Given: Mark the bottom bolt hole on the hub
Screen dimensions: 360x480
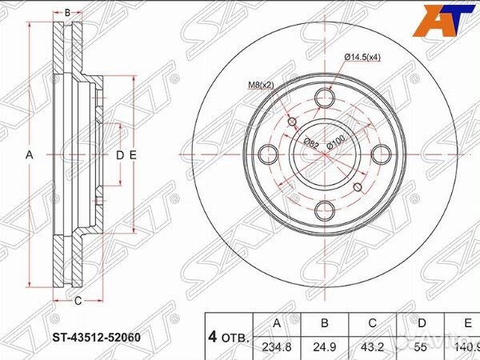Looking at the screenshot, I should (324, 211).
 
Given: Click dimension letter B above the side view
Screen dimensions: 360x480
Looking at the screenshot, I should (68, 13).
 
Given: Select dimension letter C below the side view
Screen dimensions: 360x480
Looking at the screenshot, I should (78, 302).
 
